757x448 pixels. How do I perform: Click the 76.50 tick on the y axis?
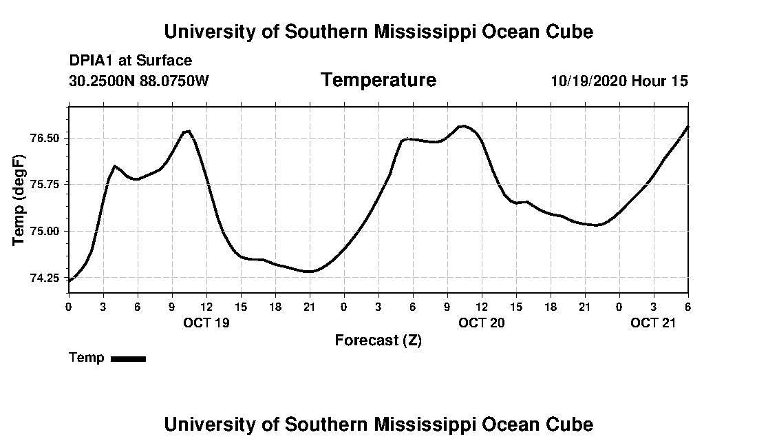pyautogui.click(x=45, y=138)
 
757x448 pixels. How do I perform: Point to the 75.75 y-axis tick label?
pyautogui.click(x=45, y=184)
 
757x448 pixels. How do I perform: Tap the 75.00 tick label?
pyautogui.click(x=45, y=231)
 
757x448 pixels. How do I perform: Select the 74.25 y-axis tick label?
pyautogui.click(x=45, y=278)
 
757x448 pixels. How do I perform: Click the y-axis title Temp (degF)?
pyautogui.click(x=20, y=200)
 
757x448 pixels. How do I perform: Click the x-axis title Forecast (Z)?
pyautogui.click(x=378, y=340)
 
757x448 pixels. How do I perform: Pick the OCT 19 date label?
pyautogui.click(x=206, y=323)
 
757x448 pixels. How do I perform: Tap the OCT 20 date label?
pyautogui.click(x=482, y=323)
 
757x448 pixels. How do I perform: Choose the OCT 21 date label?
pyautogui.click(x=654, y=323)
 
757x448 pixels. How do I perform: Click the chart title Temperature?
pyautogui.click(x=378, y=80)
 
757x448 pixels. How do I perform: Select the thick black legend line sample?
pyautogui.click(x=128, y=358)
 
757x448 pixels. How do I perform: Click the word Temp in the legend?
pyautogui.click(x=87, y=358)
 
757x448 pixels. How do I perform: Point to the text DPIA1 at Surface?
pyautogui.click(x=131, y=61)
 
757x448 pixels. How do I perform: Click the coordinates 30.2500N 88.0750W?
pyautogui.click(x=138, y=81)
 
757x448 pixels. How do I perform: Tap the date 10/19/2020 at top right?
pyautogui.click(x=588, y=81)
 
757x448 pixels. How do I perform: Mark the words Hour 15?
pyautogui.click(x=660, y=81)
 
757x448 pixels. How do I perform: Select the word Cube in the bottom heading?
pyautogui.click(x=572, y=424)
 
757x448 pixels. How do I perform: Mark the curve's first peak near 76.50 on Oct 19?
pyautogui.click(x=187, y=131)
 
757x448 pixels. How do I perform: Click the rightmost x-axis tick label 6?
pyautogui.click(x=687, y=306)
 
